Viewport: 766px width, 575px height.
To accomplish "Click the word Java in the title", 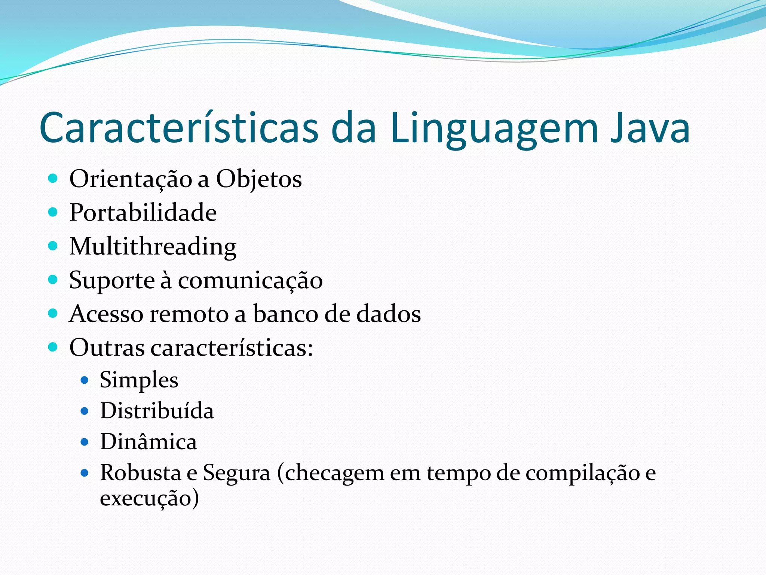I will (x=650, y=128).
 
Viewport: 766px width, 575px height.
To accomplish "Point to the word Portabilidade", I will (x=143, y=213).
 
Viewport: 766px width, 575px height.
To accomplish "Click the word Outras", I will (x=107, y=348).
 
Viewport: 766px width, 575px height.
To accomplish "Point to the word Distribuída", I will (x=157, y=411).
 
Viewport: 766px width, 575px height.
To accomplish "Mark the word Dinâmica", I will (x=148, y=442).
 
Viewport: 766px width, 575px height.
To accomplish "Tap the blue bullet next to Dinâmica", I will (x=85, y=442).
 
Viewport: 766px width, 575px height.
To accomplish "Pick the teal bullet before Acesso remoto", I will (x=53, y=313).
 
